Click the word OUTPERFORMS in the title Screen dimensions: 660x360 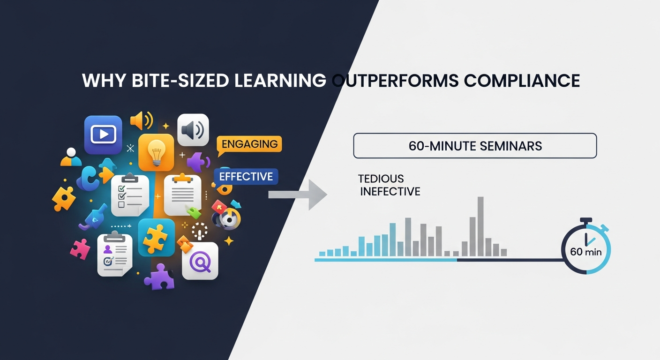pos(396,81)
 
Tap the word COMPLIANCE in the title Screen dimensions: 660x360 pos(522,81)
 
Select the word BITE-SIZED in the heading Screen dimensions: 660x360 pos(180,81)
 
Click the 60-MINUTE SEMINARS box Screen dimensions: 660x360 pos(475,146)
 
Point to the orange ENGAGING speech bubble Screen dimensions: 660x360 pos(249,145)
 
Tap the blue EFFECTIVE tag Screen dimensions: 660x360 pos(246,176)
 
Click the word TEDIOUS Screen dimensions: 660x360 pos(381,179)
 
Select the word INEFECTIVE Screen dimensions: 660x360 pos(390,192)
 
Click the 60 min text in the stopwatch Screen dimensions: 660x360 pos(586,252)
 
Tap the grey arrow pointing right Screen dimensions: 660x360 pos(298,195)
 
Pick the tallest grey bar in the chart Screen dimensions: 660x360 pos(480,226)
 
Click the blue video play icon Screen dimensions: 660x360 pos(103,135)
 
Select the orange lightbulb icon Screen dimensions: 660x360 pos(156,152)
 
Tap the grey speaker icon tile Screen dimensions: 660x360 pos(193,130)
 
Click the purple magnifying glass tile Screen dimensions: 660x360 pos(200,261)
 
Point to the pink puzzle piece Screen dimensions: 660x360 pos(80,249)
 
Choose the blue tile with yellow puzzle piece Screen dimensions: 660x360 pos(156,238)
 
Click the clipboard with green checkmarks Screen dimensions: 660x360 pos(130,195)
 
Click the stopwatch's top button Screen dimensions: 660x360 pos(586,220)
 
